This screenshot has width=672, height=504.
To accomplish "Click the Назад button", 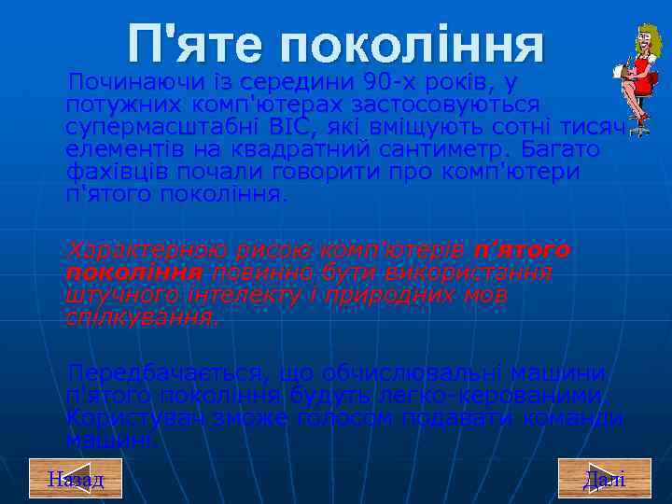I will (x=76, y=480).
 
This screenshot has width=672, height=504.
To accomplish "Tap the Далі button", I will (x=604, y=480).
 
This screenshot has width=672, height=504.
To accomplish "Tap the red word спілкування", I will (x=140, y=317).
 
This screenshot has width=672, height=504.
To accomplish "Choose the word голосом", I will (x=336, y=418).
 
